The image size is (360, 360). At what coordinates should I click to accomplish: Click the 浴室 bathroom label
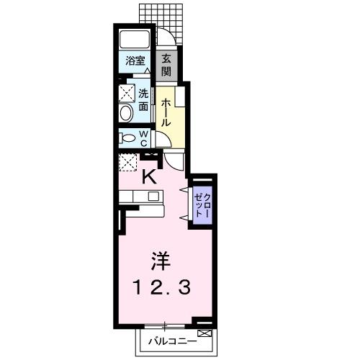tap(135, 62)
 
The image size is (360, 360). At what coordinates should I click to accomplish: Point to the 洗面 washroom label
tap(144, 99)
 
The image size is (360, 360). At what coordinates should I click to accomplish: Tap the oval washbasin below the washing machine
tap(127, 113)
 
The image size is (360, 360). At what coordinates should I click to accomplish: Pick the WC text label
tap(144, 138)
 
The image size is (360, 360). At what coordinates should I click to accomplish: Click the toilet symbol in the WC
tap(127, 138)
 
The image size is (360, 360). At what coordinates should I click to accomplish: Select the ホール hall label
tap(165, 111)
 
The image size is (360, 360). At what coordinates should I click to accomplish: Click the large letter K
tap(150, 176)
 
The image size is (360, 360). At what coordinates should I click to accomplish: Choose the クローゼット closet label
tap(202, 206)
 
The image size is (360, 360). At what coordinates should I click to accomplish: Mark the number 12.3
tap(161, 288)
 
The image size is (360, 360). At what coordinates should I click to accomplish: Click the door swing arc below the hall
tap(176, 160)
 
